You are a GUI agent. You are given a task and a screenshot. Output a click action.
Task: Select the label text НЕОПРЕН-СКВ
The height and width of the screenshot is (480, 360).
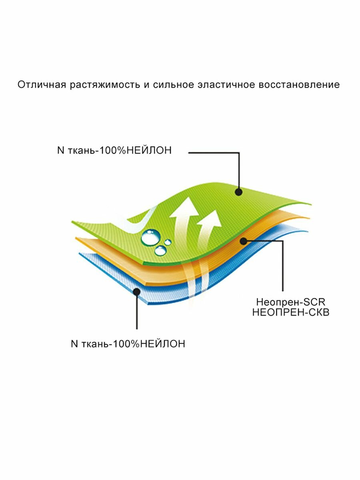point(291,313)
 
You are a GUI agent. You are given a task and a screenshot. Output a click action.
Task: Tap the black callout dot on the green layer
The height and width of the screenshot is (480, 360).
point(239,192)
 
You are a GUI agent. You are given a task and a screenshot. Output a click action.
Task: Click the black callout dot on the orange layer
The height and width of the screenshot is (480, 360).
point(242,240)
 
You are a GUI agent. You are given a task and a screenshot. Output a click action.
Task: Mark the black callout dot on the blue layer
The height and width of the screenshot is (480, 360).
point(137,292)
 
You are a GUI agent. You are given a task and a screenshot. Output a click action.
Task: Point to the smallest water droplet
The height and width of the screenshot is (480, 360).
point(168,242)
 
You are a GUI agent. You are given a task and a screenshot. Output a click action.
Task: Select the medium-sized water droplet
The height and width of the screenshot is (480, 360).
point(161,250)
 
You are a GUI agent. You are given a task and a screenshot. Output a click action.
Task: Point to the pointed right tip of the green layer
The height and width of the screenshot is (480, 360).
point(310,204)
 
